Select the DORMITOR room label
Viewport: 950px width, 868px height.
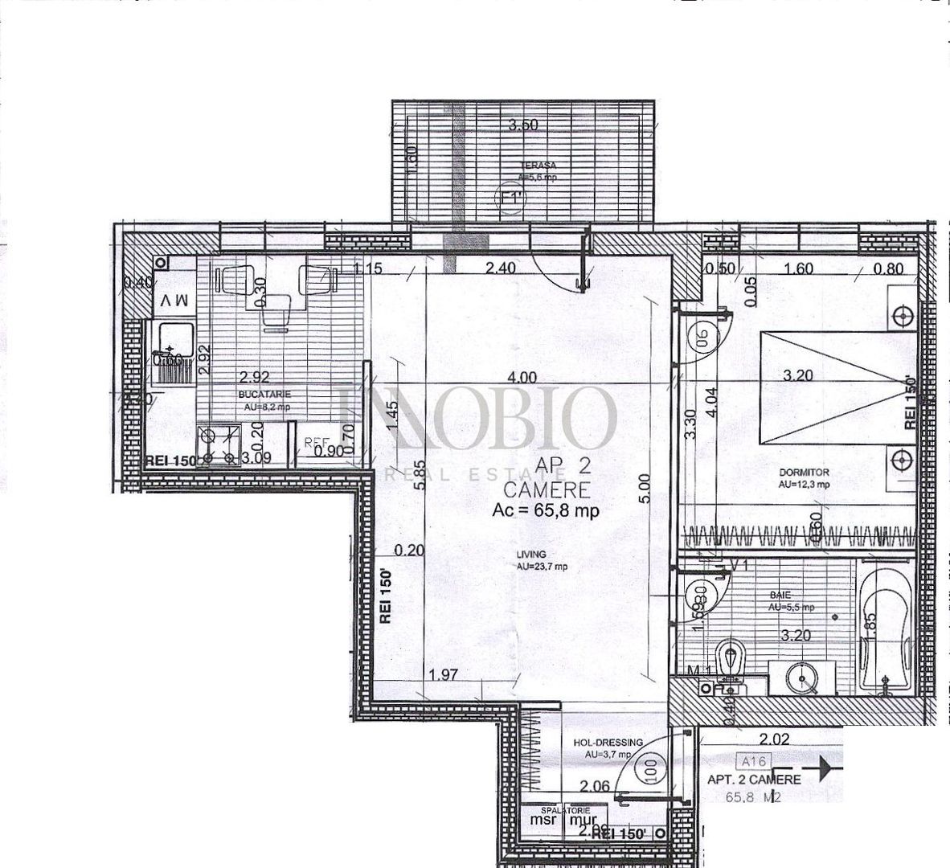(x=805, y=473)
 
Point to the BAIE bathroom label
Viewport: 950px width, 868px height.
(x=779, y=596)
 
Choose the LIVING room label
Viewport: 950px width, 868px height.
(x=532, y=554)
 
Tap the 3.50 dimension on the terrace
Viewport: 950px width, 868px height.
(x=523, y=125)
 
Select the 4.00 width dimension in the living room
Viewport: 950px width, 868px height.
(x=522, y=376)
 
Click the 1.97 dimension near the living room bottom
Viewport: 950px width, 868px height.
(x=442, y=675)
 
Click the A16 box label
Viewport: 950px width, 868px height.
(x=751, y=758)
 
